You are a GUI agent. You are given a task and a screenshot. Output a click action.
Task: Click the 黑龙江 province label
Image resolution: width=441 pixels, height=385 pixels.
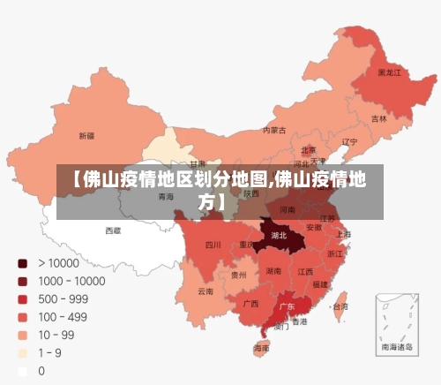pos(389,72)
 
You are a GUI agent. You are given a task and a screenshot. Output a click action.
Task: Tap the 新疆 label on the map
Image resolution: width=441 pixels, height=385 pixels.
pos(86,136)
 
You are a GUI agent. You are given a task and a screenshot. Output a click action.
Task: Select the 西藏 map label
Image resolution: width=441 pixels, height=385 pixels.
pos(113,230)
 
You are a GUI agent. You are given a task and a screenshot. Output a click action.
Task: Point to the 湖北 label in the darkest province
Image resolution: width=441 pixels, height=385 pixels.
pos(280,236)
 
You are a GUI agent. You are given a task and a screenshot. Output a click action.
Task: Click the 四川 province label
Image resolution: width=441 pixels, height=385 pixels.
pos(213,245)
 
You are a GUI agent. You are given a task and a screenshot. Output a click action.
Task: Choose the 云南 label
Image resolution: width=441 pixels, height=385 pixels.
pos(206,291)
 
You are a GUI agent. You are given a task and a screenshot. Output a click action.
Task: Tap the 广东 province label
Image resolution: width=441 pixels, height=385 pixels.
pos(287,306)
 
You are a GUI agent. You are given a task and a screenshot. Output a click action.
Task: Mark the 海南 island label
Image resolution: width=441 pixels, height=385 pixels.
pos(262,349)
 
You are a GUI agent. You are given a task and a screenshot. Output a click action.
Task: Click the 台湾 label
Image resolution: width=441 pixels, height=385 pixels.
pos(340,306)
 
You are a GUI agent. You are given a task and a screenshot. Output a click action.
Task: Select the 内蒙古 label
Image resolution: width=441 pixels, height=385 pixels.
pos(275,130)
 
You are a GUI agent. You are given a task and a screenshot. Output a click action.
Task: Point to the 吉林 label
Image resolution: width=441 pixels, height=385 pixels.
pos(378,118)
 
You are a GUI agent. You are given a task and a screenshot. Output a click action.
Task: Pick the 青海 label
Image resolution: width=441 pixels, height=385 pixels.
pos(166,197)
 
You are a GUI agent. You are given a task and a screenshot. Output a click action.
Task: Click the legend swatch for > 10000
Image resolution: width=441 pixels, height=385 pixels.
pos(22,263)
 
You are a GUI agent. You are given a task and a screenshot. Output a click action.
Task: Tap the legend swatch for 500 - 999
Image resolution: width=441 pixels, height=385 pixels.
pos(22,299)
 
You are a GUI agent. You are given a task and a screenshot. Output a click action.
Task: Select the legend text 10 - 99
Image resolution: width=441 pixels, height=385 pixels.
pos(56,336)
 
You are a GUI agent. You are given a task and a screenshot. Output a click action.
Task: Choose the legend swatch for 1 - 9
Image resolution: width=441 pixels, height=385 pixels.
pos(22,353)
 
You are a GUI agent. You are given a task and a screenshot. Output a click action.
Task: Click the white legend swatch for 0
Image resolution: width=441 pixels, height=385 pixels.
pos(22,372)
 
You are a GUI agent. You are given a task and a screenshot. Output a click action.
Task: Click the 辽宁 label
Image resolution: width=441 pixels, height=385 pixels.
pos(349,141)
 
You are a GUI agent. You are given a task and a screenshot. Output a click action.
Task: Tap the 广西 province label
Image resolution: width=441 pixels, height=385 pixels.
pos(250,303)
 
